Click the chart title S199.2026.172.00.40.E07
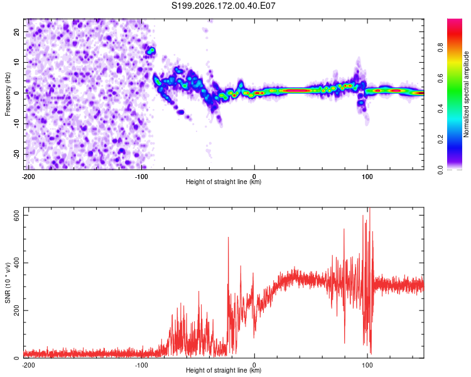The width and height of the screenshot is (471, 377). point(223,6)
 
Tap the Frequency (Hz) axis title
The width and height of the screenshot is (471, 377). point(8,94)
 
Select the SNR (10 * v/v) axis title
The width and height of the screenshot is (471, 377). point(8,283)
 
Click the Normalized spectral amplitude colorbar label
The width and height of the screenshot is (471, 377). point(466,94)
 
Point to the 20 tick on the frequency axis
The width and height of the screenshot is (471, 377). point(17,31)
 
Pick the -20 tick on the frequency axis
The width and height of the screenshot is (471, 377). point(17,154)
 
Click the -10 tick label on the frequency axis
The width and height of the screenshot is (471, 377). point(17,124)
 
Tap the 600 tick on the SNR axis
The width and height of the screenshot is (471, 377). point(17,216)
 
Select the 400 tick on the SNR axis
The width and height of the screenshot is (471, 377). point(17,263)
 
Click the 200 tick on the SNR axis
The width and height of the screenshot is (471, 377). point(17,310)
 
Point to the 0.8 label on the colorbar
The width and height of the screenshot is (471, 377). point(440,48)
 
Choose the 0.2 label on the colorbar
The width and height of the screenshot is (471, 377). point(440,139)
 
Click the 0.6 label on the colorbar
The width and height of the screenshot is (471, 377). point(440,78)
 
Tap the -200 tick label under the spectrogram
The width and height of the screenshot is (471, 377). point(28,177)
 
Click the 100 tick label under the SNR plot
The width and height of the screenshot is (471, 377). point(367,365)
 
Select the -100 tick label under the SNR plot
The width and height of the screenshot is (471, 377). point(141,365)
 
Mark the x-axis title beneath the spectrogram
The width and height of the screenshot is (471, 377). point(224,182)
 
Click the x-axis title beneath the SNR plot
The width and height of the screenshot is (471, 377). point(224,370)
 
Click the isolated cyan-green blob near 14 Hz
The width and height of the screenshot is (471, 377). point(151,51)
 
